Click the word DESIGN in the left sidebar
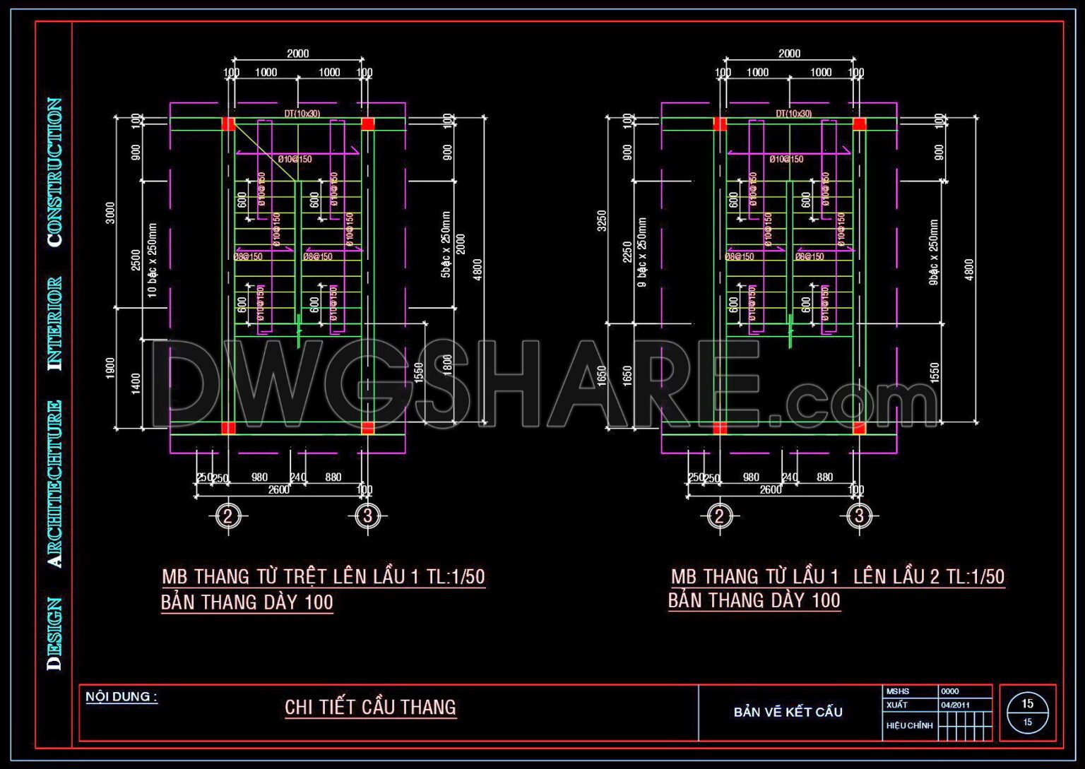(x=54, y=633)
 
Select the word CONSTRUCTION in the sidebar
(x=54, y=172)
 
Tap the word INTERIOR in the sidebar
(x=54, y=323)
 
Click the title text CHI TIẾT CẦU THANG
(x=370, y=707)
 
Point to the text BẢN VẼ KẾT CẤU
(x=788, y=712)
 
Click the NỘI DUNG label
(x=121, y=697)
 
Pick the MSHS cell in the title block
(x=898, y=691)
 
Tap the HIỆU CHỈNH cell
(x=909, y=725)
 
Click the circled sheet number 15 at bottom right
(x=1027, y=704)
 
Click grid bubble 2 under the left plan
(x=227, y=516)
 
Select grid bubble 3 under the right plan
(x=859, y=516)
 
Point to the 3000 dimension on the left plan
(x=110, y=213)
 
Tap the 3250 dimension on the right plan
(x=602, y=220)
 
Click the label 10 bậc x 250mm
(x=153, y=260)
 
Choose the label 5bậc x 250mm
(x=446, y=244)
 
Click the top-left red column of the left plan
(x=228, y=124)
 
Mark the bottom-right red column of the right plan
(x=859, y=428)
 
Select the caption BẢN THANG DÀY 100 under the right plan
(x=754, y=601)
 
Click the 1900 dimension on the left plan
(x=110, y=367)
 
